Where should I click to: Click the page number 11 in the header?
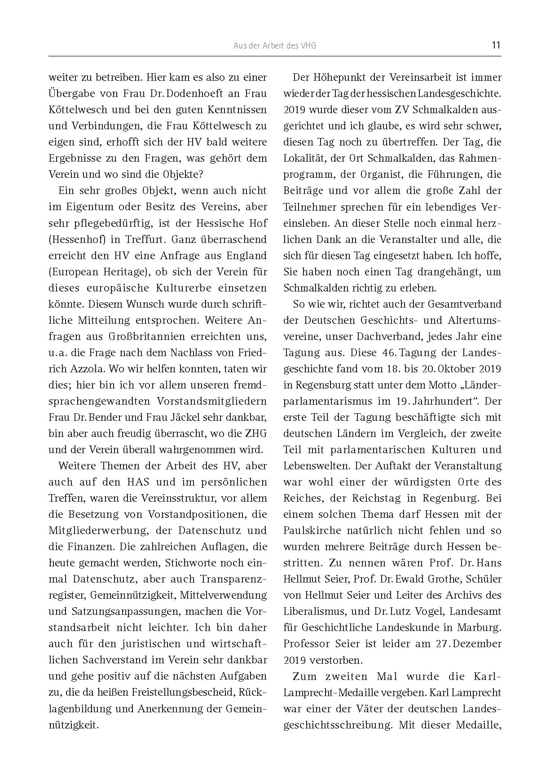coord(496,45)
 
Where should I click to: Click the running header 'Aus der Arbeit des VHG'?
coord(275,46)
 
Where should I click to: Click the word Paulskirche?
coord(310,530)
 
